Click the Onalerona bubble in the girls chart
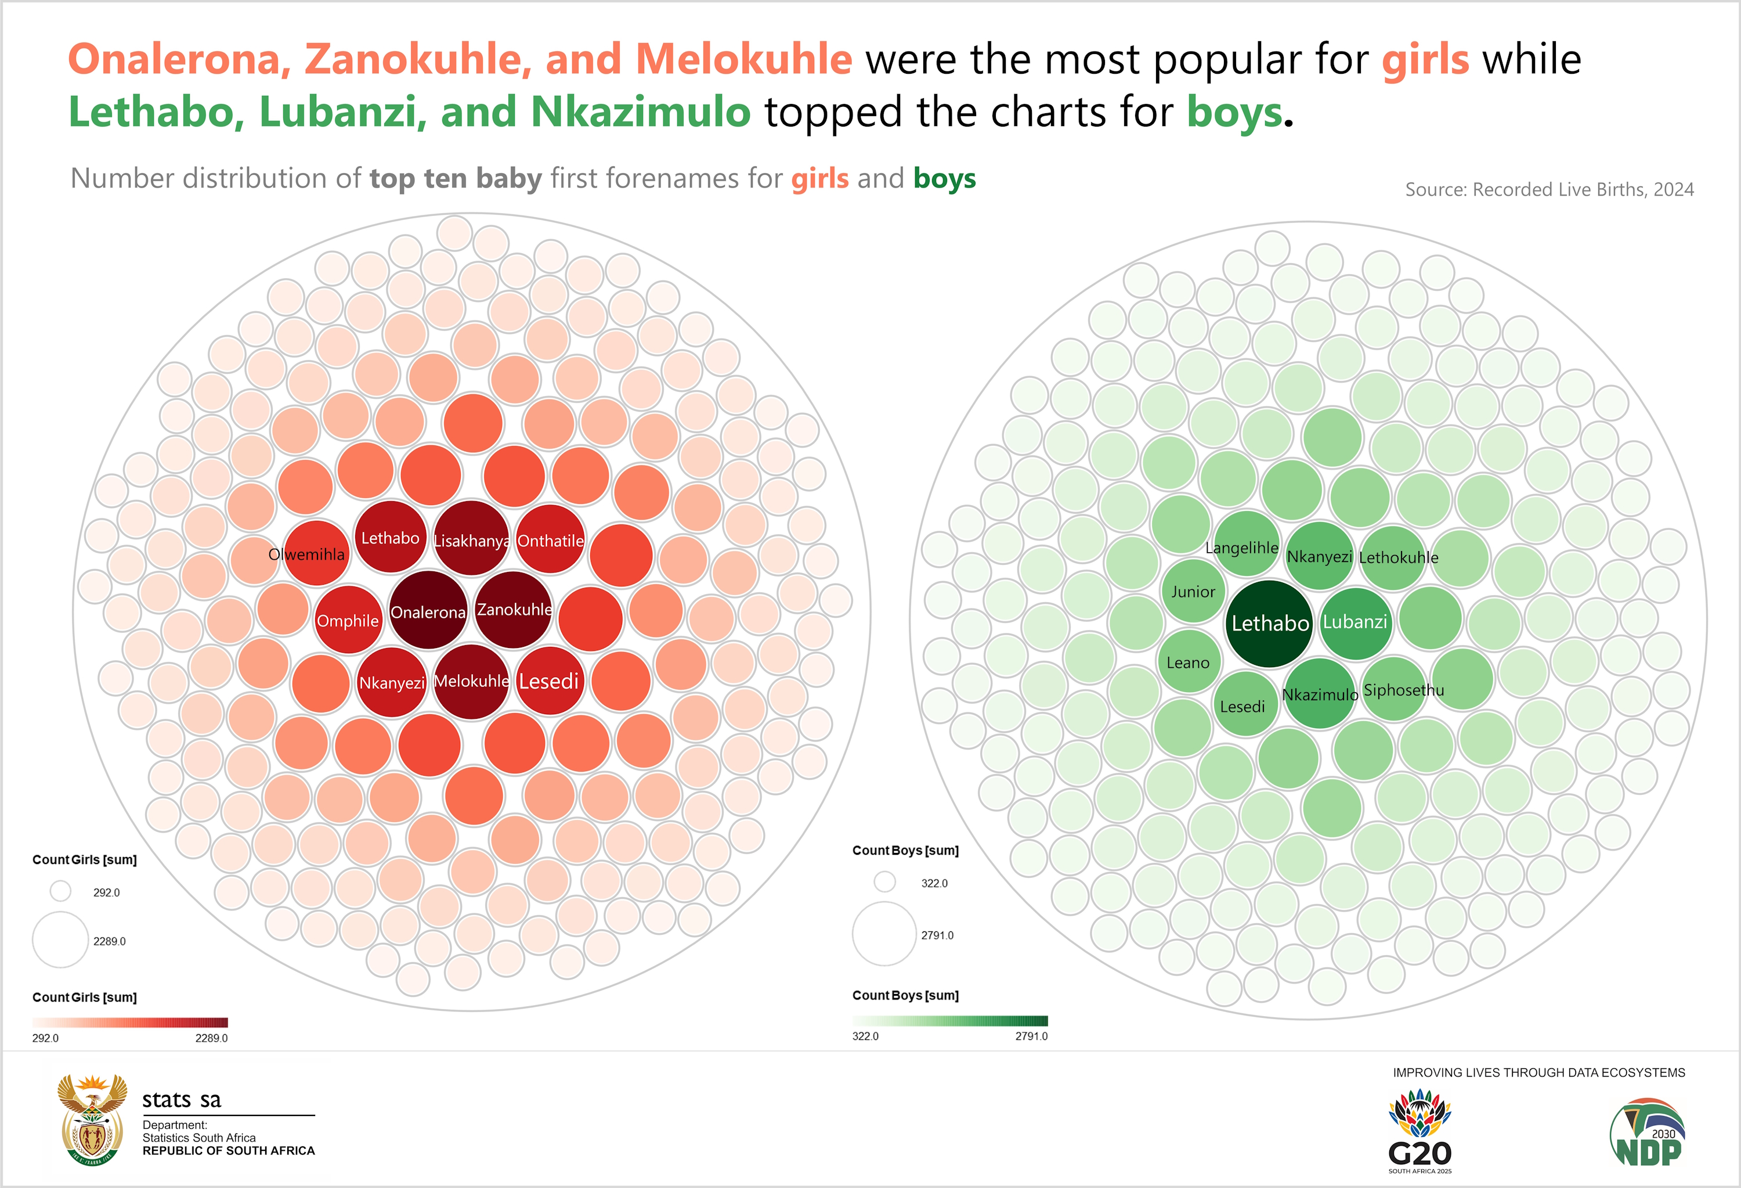(x=428, y=611)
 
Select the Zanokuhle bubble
(x=514, y=609)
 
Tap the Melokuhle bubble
(x=471, y=681)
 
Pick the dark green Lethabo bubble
(x=1270, y=623)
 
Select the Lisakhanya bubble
(x=471, y=539)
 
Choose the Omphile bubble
(x=348, y=620)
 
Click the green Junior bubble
(x=1193, y=591)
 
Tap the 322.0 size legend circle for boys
(x=885, y=881)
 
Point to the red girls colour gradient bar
(x=129, y=1023)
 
